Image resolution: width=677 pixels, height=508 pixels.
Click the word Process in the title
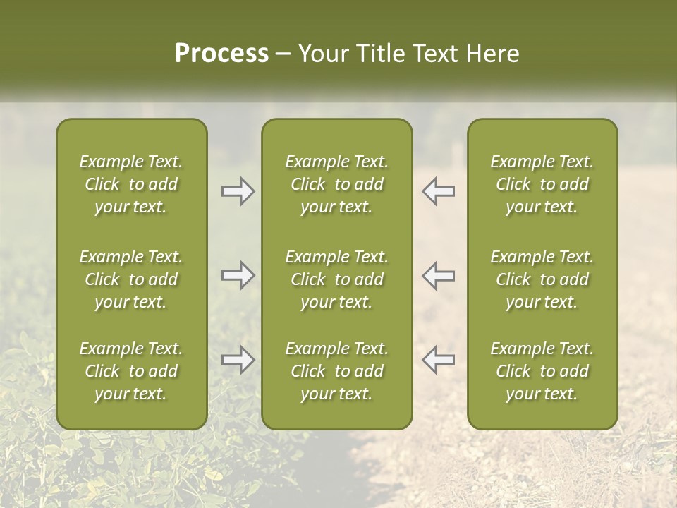click(221, 54)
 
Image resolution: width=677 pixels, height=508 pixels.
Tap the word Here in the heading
click(493, 54)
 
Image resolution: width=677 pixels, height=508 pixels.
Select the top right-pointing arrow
click(238, 191)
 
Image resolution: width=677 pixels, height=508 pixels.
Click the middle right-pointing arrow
click(238, 275)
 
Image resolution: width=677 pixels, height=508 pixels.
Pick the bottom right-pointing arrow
click(238, 360)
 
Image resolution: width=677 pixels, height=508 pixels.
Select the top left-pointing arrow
click(439, 191)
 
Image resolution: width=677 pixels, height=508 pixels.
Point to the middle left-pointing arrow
click(439, 275)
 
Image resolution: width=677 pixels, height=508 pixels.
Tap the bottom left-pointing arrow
click(439, 360)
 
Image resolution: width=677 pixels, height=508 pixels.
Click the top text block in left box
click(131, 184)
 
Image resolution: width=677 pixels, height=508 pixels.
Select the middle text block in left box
click(131, 279)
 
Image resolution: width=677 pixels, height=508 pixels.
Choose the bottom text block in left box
click(131, 371)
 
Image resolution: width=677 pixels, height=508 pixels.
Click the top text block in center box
click(336, 184)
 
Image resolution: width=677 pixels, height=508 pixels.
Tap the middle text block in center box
click(336, 279)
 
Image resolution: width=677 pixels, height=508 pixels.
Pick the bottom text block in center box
click(336, 371)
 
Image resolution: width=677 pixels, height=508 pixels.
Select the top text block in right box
click(542, 184)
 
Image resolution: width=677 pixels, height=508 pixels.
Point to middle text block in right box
click(542, 279)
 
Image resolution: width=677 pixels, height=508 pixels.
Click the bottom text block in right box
click(542, 371)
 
